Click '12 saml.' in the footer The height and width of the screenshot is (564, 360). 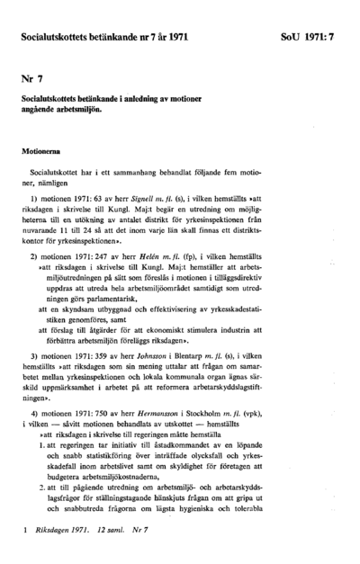[112, 534]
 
